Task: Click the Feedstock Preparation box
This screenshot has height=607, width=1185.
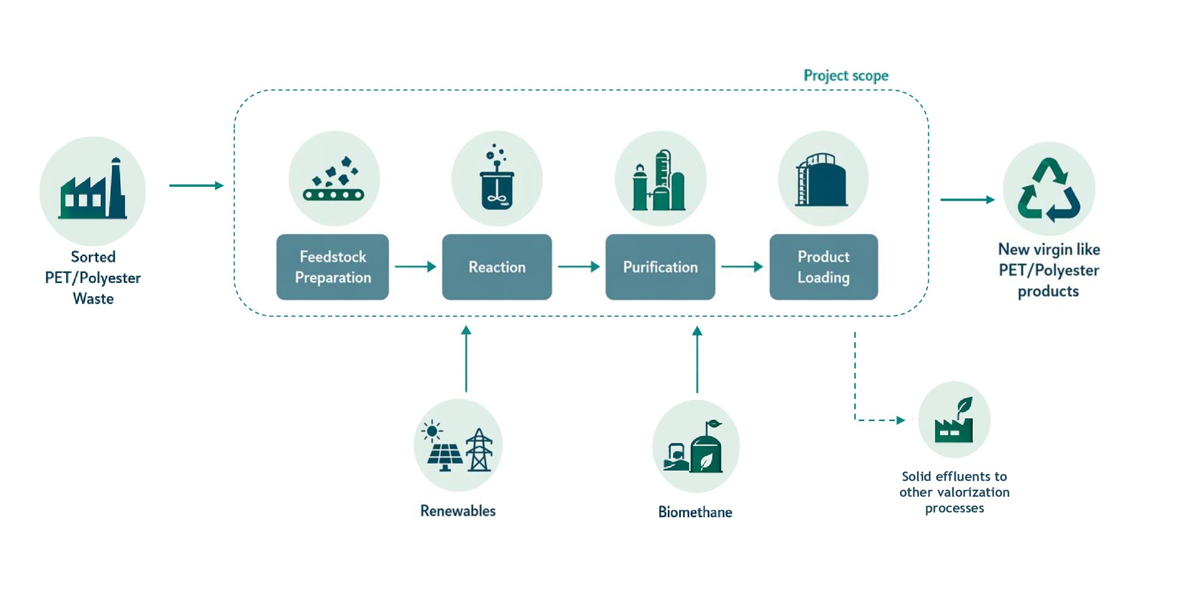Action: click(x=333, y=267)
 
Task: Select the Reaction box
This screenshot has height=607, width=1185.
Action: click(x=497, y=267)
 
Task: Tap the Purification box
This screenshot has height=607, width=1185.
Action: click(x=660, y=267)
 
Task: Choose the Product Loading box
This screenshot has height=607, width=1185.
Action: click(x=823, y=267)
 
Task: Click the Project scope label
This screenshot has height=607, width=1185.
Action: click(x=846, y=76)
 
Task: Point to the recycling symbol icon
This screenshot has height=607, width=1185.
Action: click(x=1049, y=190)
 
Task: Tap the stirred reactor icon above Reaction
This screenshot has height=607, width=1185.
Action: click(x=496, y=177)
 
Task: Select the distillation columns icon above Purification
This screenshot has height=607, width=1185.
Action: click(x=659, y=180)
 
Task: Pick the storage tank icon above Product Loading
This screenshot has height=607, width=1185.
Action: click(x=822, y=180)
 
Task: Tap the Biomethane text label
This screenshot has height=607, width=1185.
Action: click(x=695, y=512)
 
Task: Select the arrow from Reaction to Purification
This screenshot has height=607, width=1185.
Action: click(x=579, y=267)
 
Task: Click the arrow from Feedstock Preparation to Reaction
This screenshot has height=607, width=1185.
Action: click(x=416, y=267)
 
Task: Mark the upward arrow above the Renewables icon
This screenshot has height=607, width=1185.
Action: click(x=466, y=359)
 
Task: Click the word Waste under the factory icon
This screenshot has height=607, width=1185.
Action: click(x=93, y=299)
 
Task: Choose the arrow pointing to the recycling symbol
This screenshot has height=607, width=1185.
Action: click(x=968, y=200)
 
